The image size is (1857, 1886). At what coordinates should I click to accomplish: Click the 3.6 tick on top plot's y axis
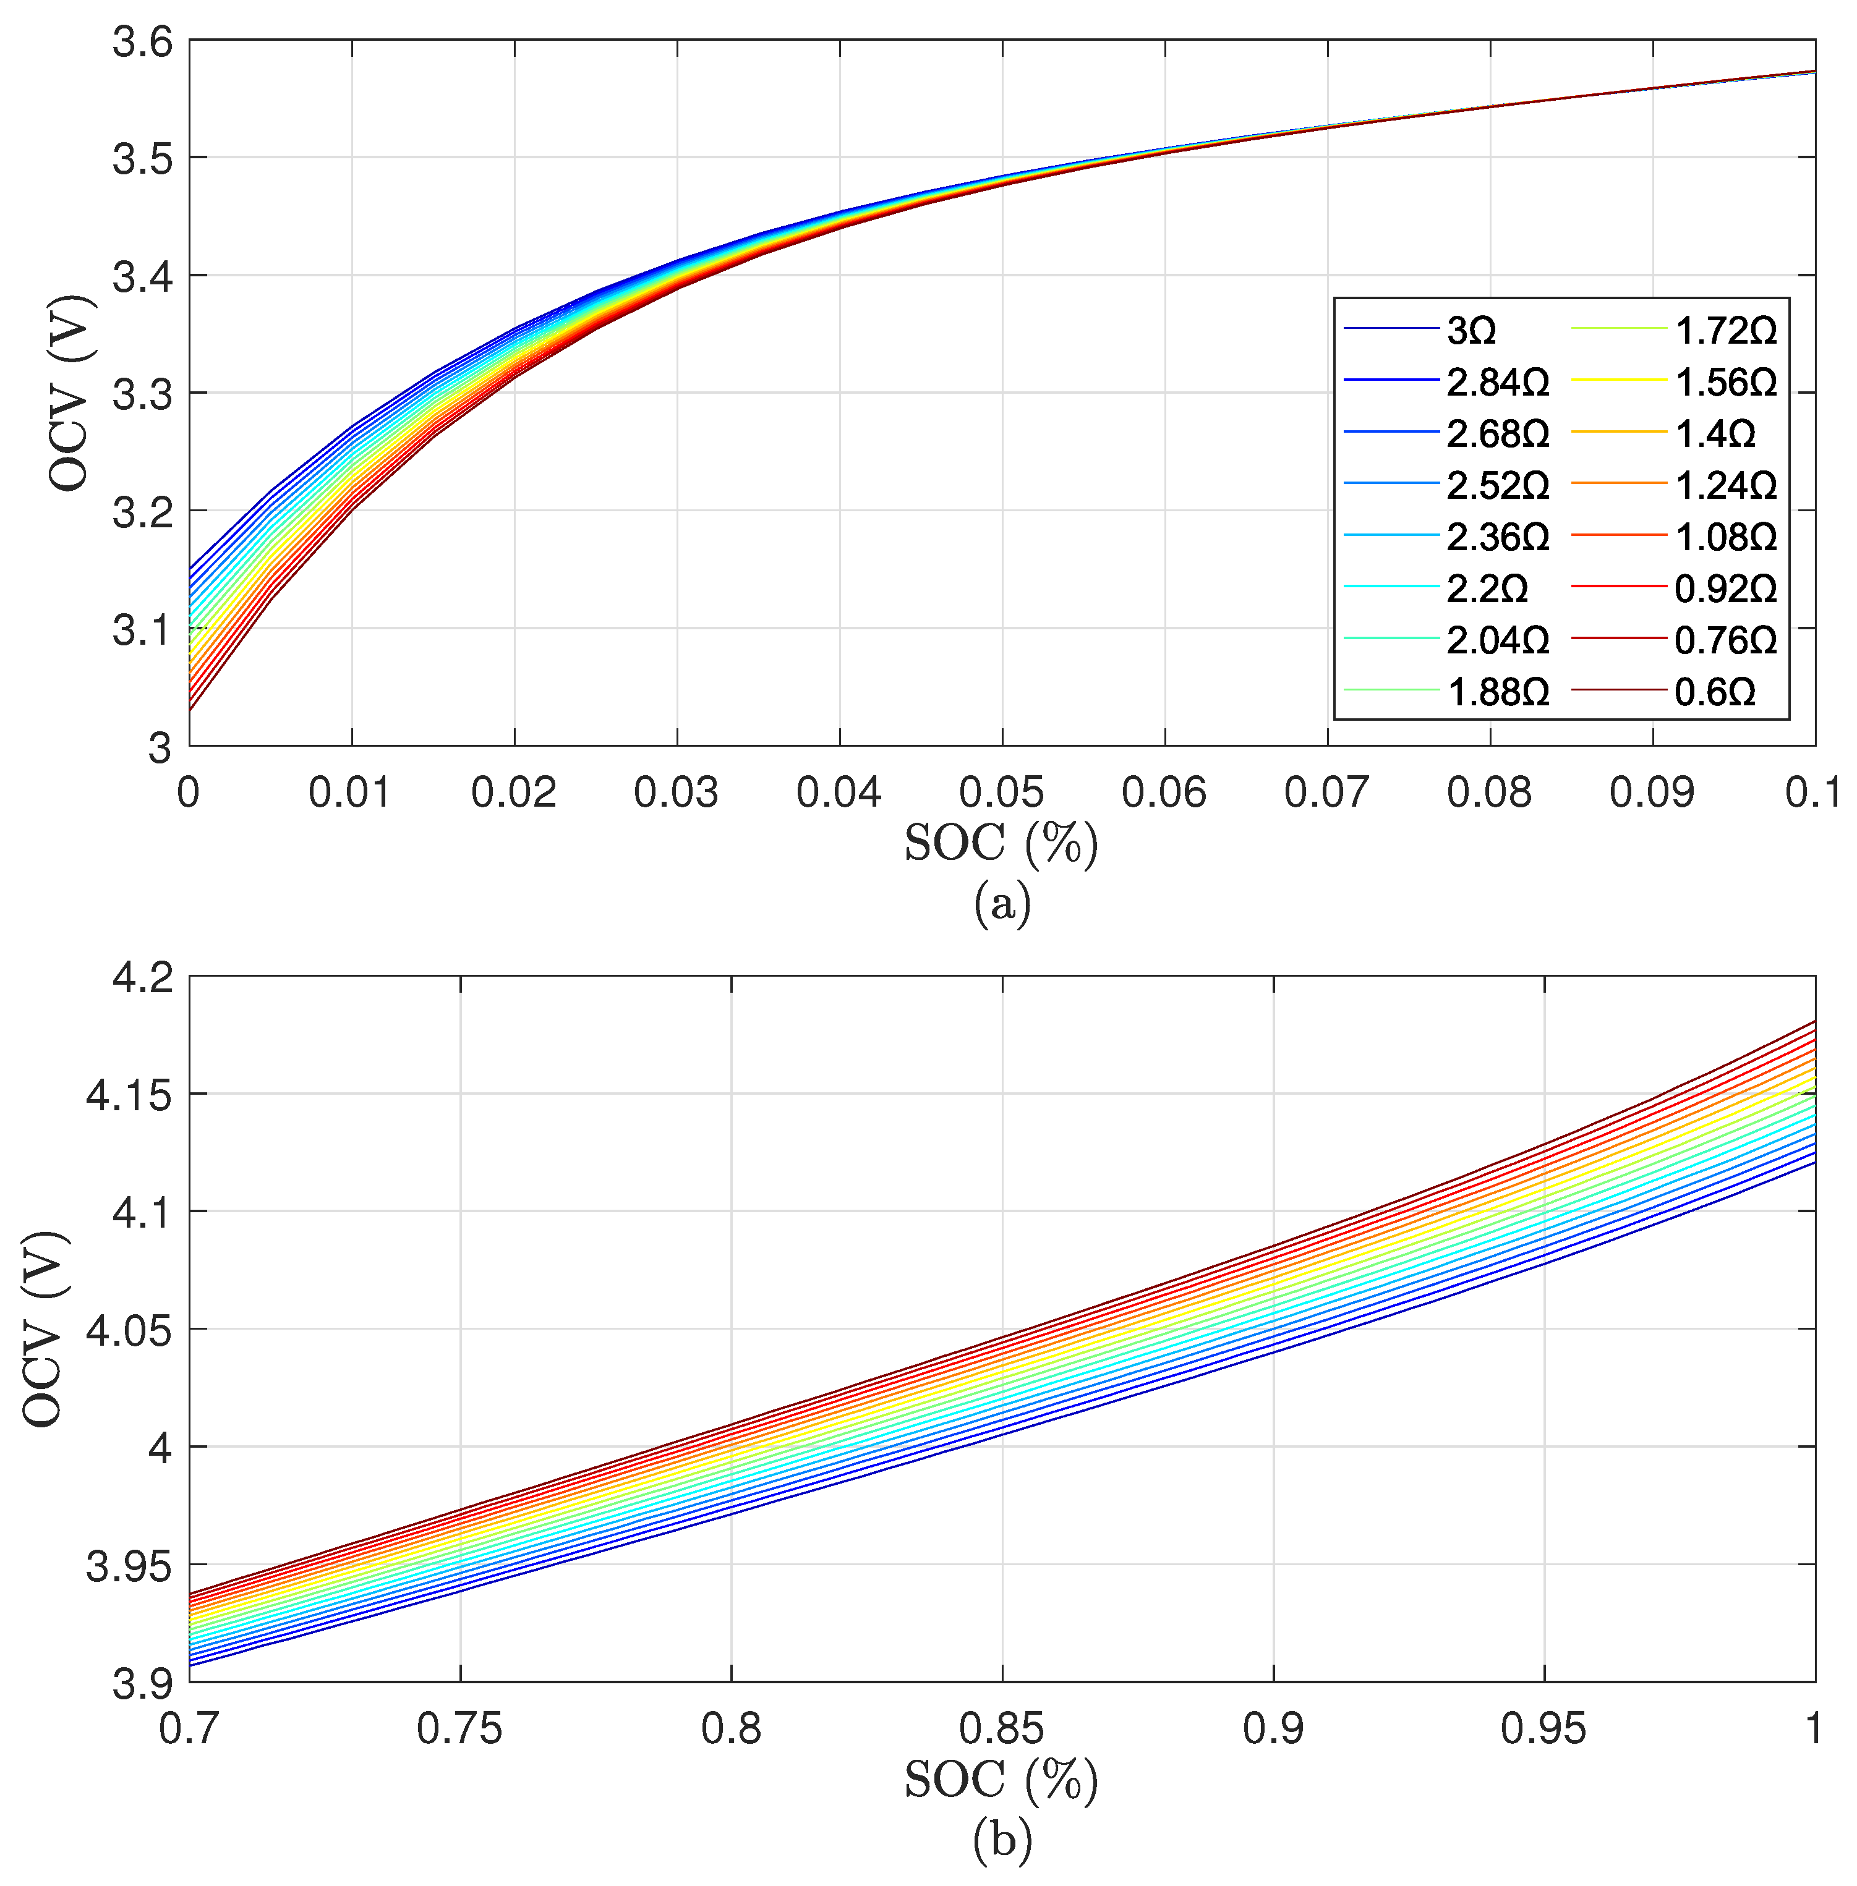click(142, 43)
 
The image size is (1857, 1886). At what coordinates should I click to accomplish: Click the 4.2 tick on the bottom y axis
click(142, 978)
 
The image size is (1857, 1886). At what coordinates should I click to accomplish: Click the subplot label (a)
click(1002, 904)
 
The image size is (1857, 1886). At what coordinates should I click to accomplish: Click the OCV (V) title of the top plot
click(70, 393)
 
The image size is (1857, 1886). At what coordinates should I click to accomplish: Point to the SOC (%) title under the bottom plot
click(1002, 1782)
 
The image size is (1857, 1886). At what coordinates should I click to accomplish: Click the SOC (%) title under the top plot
click(1002, 844)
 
